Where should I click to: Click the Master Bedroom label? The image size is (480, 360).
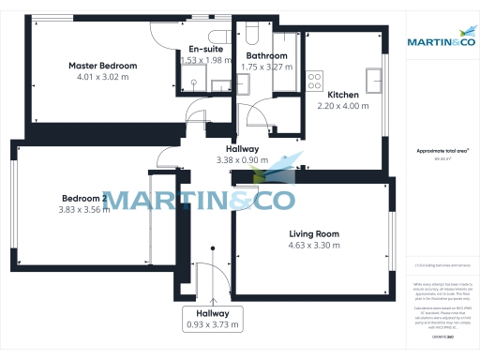pyautogui.click(x=102, y=66)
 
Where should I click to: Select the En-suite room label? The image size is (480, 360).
pyautogui.click(x=204, y=49)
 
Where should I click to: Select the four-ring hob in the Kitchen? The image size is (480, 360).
pyautogui.click(x=315, y=81)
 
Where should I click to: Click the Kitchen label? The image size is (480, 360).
pyautogui.click(x=342, y=95)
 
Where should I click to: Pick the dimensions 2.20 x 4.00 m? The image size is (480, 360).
pyautogui.click(x=342, y=107)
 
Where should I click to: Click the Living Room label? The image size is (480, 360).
pyautogui.click(x=312, y=233)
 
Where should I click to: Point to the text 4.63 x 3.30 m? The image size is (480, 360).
pyautogui.click(x=312, y=246)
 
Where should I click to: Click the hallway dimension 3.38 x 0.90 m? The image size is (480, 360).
pyautogui.click(x=242, y=160)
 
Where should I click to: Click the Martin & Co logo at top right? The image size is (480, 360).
pyautogui.click(x=440, y=41)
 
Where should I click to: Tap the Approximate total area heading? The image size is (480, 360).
pyautogui.click(x=440, y=150)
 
